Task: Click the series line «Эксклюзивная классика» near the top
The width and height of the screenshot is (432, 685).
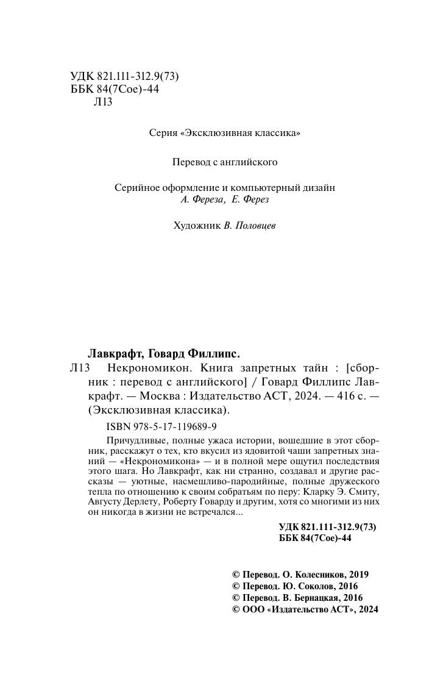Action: point(225,132)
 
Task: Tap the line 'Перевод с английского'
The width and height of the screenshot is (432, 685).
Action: point(225,162)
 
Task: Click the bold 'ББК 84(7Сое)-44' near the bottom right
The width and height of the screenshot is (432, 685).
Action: point(315,539)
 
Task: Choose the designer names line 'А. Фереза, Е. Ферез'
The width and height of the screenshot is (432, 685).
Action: point(225,199)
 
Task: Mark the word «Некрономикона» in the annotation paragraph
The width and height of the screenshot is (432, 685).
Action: point(161,462)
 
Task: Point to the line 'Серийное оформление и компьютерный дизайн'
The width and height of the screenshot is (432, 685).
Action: point(225,188)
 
